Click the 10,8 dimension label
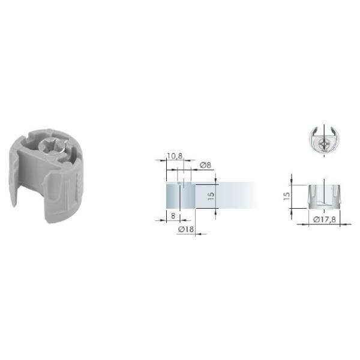tap(175, 156)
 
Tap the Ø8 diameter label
tap(205, 165)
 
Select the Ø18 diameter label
tap(186, 229)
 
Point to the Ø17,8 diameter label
tap(324, 220)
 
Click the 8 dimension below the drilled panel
tap(173, 216)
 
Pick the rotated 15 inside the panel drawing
tap(211, 196)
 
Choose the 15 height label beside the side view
tap(287, 196)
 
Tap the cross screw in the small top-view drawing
tap(324, 145)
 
